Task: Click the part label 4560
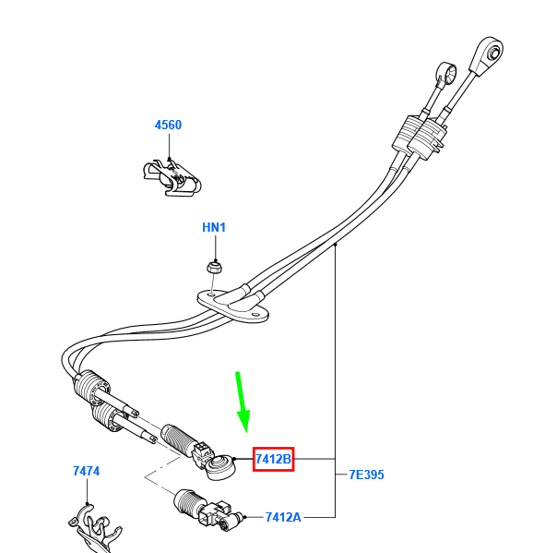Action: point(168,125)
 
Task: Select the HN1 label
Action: point(214,227)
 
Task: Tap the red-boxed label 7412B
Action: point(273,459)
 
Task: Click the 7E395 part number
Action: point(366,475)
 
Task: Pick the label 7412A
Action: point(283,517)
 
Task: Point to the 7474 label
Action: point(87,471)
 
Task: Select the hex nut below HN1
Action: point(214,267)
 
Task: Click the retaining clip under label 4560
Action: point(172,178)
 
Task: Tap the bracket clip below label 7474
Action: point(94,529)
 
